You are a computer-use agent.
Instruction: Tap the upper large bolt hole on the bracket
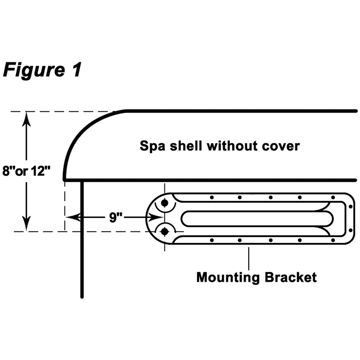point(165,203)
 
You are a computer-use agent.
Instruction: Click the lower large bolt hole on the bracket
point(165,232)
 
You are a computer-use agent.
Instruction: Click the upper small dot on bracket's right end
point(351,206)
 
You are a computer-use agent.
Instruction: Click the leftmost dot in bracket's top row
point(212,197)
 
